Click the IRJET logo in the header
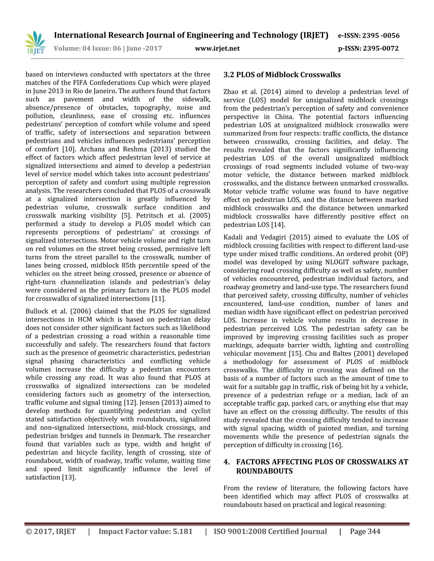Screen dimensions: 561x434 point(35,42)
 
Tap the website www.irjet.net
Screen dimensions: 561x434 point(217,48)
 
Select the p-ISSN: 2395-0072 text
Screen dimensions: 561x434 point(368,48)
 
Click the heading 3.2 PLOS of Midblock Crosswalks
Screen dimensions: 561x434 point(282,75)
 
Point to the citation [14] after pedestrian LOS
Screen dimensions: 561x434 point(278,225)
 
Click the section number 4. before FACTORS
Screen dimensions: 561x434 point(227,462)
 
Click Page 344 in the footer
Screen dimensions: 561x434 point(365,531)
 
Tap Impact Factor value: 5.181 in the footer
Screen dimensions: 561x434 point(146,531)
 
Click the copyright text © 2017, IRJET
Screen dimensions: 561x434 point(51,531)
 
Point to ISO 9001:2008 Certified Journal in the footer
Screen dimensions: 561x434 point(270,531)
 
